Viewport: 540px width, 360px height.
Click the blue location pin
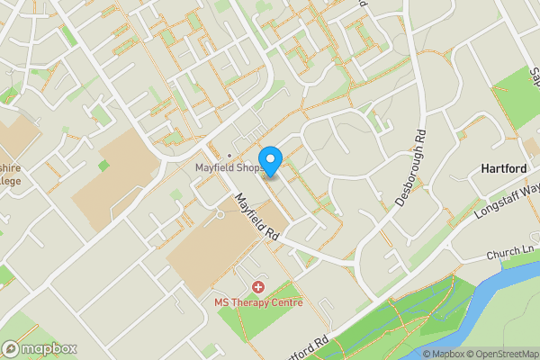271,157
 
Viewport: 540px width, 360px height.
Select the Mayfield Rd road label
256,217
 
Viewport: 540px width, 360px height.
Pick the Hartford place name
505,168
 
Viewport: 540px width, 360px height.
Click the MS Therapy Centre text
258,301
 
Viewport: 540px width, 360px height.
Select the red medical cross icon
258,287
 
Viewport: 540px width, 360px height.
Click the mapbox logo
40,348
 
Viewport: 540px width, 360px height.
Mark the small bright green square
103,166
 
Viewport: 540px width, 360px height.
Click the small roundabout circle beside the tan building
219,214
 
